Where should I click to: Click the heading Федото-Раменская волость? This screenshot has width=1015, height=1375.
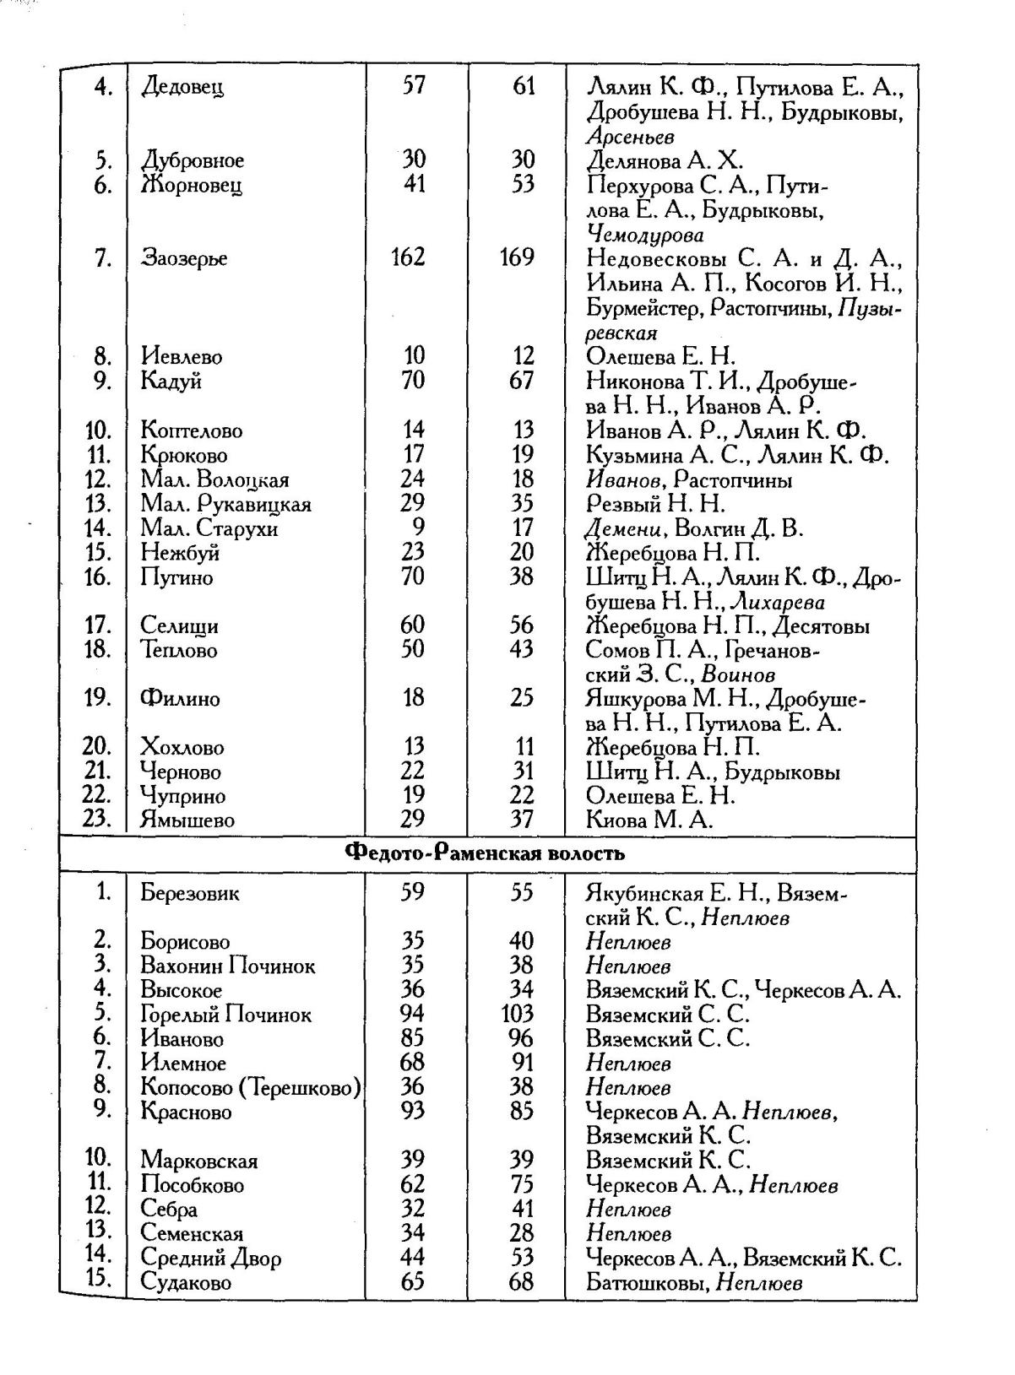point(486,853)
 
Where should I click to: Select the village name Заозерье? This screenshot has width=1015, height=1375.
point(184,257)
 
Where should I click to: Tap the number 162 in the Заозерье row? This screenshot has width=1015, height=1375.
point(408,257)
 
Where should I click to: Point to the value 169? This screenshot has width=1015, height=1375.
point(516,257)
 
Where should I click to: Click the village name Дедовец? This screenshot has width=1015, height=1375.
point(182,86)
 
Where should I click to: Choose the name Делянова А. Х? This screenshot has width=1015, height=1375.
point(665,160)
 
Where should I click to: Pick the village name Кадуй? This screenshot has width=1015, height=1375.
point(171,381)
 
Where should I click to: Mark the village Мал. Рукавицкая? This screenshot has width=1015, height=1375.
point(225,504)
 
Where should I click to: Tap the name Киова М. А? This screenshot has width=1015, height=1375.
point(649,820)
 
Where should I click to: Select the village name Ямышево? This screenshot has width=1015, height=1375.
point(187,820)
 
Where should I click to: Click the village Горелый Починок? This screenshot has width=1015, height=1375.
point(225,1015)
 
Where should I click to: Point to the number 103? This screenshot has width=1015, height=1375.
point(516,1014)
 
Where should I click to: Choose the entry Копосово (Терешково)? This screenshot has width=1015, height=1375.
point(251,1087)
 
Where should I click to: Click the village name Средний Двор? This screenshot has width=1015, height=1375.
point(210,1259)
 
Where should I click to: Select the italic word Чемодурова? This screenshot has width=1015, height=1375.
point(645,234)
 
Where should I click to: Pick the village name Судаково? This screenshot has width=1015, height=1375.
point(186,1283)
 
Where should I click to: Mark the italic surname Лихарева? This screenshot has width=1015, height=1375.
point(777,602)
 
